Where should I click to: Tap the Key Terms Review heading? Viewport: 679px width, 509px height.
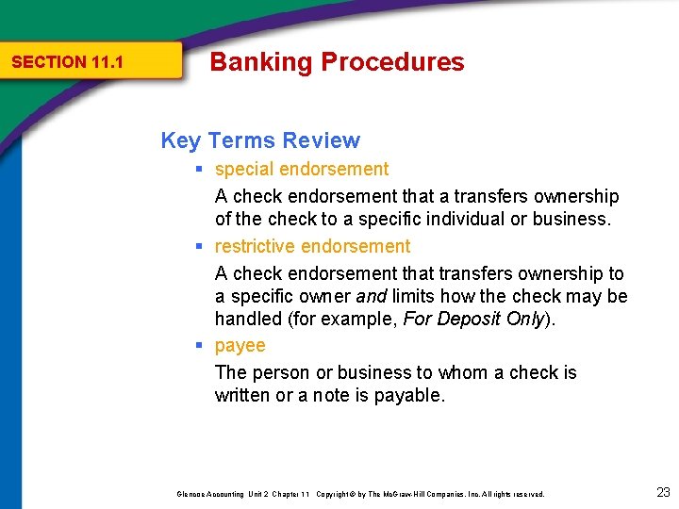click(x=260, y=140)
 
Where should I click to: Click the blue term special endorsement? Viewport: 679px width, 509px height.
click(x=302, y=170)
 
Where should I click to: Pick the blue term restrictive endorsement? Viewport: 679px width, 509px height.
click(x=312, y=247)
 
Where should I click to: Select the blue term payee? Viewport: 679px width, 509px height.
click(x=240, y=346)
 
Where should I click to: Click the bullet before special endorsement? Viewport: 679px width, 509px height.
click(x=200, y=170)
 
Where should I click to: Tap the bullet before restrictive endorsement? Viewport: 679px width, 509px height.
click(x=200, y=247)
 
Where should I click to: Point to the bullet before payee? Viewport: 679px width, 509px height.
click(x=200, y=346)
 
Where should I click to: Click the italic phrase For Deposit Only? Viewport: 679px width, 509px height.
click(x=473, y=319)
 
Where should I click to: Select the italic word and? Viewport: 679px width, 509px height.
click(x=370, y=297)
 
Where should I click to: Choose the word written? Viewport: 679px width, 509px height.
click(x=241, y=396)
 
